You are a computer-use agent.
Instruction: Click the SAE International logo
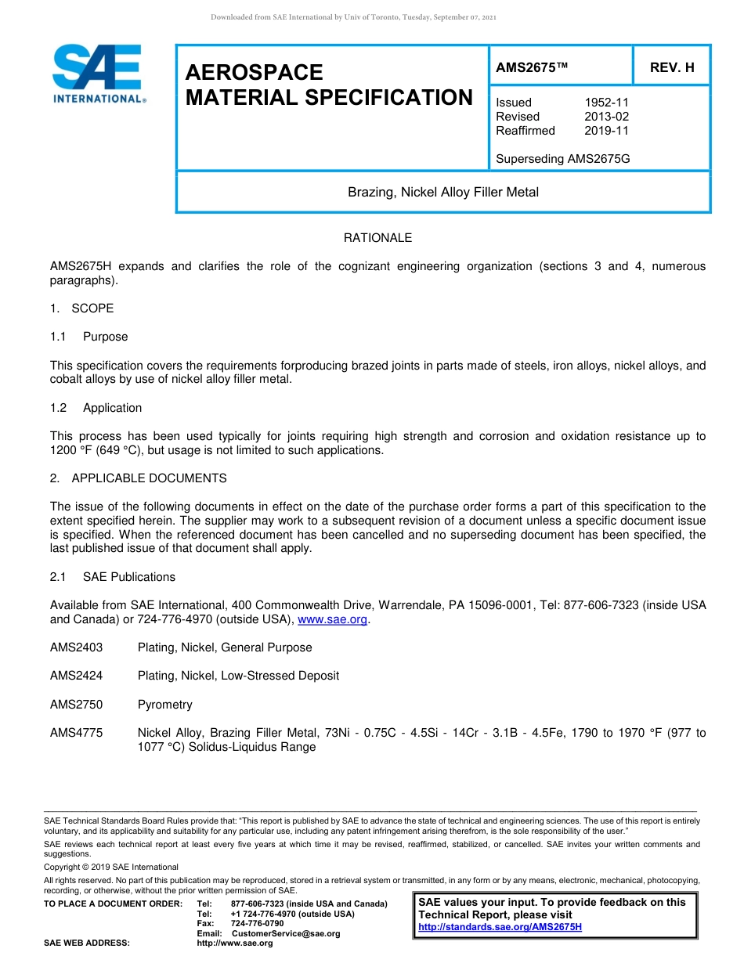tap(98, 74)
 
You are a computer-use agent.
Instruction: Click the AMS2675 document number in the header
tap(531, 68)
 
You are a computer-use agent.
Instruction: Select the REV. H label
tap(672, 68)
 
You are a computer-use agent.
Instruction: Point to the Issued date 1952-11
tap(606, 103)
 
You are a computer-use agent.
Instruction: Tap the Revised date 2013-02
tap(606, 117)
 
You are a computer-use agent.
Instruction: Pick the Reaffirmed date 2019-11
tap(606, 131)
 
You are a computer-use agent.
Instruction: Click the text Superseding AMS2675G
tap(562, 159)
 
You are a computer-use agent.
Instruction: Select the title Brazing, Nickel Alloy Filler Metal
tap(443, 192)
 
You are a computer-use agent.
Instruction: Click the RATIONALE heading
tap(377, 238)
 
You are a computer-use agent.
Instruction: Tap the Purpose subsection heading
tap(105, 337)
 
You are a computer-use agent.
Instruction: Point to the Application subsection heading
tap(112, 408)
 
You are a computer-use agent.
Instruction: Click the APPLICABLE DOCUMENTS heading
tap(149, 478)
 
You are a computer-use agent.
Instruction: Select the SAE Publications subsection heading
tap(128, 577)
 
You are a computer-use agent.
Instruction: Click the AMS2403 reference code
tap(76, 647)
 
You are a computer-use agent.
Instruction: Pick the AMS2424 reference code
tap(76, 676)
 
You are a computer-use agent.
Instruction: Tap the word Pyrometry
tap(164, 705)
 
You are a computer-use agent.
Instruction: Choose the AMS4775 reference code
tap(76, 733)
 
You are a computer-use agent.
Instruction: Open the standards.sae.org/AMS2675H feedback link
tap(500, 927)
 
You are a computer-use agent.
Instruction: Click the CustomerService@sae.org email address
tap(287, 933)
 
